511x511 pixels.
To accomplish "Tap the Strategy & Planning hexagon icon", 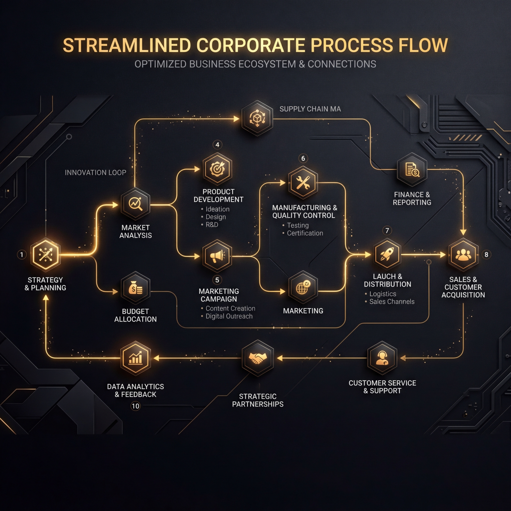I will (45, 255).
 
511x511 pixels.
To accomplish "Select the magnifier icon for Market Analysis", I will (135, 204).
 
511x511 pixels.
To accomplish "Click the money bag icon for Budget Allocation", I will (135, 288).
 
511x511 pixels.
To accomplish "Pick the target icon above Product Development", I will (217, 169).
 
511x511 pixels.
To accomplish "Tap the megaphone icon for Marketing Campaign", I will (217, 256).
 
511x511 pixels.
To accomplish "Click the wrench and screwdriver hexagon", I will (303, 182).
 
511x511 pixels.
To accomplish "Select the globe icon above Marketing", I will (303, 287).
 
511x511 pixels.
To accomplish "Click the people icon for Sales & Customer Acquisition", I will (463, 255).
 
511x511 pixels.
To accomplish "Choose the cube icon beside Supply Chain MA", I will (257, 118).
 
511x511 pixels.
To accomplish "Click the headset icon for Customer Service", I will (382, 358).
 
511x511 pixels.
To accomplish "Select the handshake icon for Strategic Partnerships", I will (257, 358).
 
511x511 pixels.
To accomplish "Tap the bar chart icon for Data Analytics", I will (135, 358).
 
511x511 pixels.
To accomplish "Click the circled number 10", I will (135, 406).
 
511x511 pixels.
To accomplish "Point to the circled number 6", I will (303, 158).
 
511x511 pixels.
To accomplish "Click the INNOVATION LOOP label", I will (96, 173).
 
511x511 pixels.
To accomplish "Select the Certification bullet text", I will (305, 233).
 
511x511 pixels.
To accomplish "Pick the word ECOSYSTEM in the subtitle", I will (267, 64).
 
